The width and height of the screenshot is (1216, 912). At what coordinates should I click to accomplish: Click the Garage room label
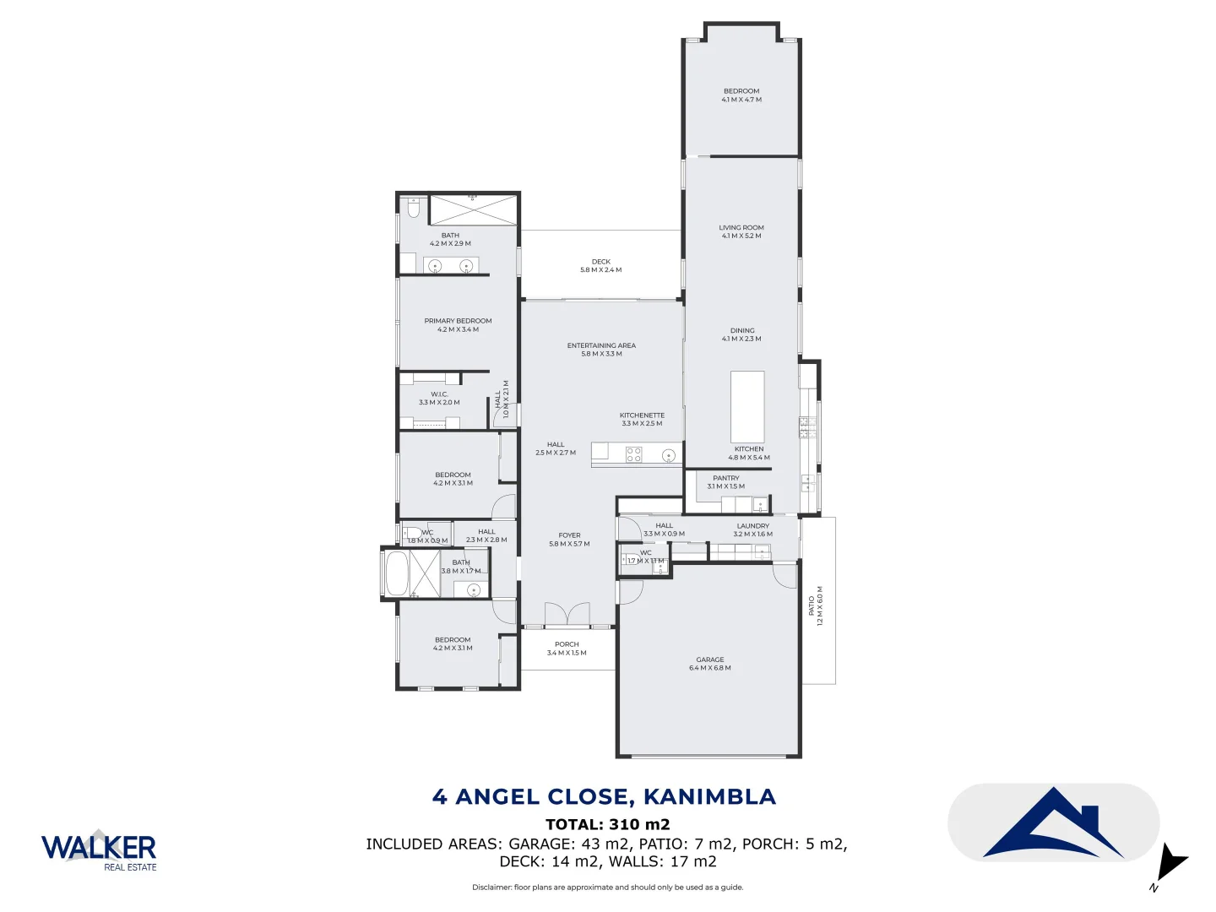[x=709, y=664]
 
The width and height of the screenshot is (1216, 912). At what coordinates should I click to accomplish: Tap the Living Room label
[x=741, y=231]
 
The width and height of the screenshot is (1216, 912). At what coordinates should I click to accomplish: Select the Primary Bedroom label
[x=458, y=325]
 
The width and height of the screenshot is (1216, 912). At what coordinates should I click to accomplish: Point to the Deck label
[x=600, y=266]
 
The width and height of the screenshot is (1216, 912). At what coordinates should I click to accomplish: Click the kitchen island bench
[x=747, y=406]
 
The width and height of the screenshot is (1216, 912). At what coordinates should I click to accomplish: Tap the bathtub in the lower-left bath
[x=396, y=573]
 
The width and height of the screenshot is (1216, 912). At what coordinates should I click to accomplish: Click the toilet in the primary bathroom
[x=414, y=208]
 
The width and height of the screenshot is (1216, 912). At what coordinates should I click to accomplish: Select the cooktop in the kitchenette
[x=633, y=455]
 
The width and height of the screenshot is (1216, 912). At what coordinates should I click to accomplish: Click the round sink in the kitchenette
[x=669, y=456]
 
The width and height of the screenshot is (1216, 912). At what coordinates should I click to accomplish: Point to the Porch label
[x=567, y=649]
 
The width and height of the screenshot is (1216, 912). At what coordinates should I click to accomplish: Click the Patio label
[x=816, y=605]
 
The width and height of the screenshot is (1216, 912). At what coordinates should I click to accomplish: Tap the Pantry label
[x=726, y=482]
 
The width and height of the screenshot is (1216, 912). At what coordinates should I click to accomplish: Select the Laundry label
[x=752, y=529]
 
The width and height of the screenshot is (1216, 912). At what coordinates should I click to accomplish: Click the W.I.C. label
[x=439, y=399]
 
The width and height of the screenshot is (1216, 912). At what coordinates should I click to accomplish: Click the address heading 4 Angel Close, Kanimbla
[x=604, y=796]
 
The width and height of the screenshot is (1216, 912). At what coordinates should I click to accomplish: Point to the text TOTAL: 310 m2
[x=607, y=824]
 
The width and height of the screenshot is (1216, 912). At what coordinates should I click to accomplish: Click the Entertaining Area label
[x=601, y=350]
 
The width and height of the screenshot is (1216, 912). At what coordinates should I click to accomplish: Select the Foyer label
[x=569, y=540]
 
